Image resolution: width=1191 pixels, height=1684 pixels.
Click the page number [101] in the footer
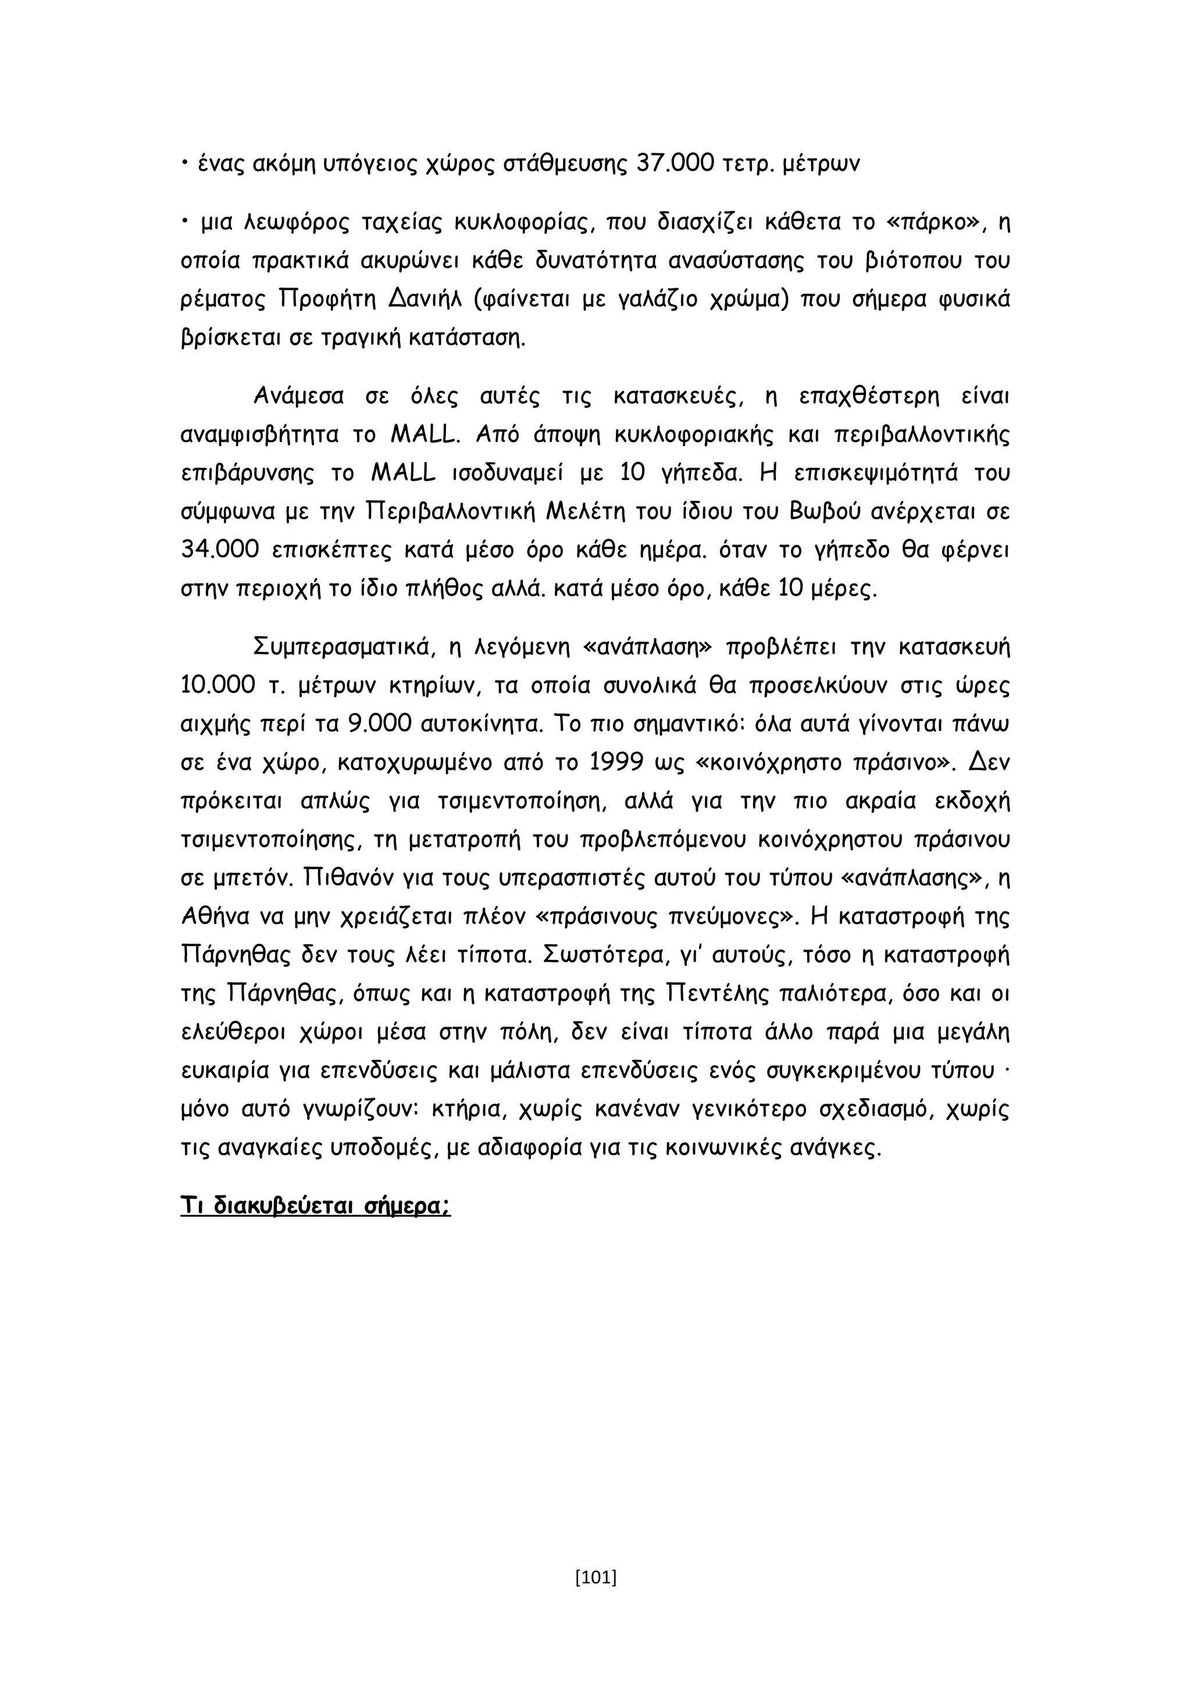point(596,1576)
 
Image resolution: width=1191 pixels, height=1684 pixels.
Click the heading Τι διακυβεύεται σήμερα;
point(316,1206)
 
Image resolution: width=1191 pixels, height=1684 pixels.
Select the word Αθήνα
point(213,917)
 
